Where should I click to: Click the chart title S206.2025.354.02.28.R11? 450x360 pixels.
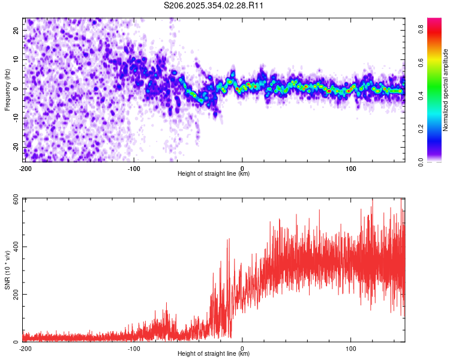[x=214, y=5]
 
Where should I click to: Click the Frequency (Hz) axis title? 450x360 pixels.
[x=7, y=89]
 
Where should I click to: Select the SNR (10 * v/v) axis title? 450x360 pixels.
[x=7, y=270]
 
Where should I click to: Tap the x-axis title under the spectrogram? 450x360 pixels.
[x=214, y=174]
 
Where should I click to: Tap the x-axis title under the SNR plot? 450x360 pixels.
[x=214, y=354]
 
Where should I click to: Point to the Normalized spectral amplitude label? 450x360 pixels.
[x=446, y=90]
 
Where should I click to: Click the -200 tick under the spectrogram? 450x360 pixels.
[x=25, y=168]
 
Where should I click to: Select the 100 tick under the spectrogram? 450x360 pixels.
[x=350, y=168]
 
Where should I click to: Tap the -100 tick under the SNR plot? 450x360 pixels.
[x=133, y=348]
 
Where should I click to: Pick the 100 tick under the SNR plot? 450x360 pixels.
[x=350, y=348]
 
